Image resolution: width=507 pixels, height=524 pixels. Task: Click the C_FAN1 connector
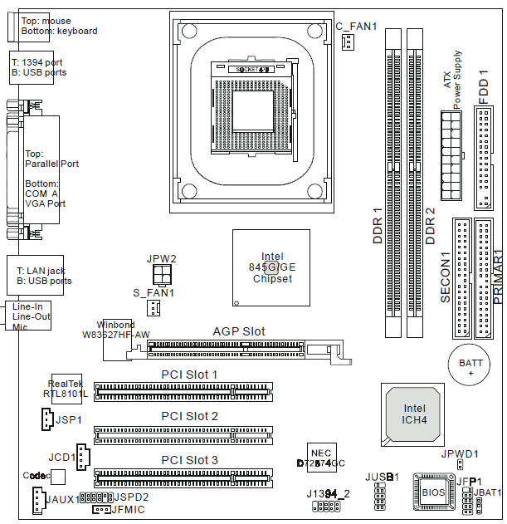tap(347, 43)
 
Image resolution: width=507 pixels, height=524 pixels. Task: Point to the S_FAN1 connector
tap(154, 308)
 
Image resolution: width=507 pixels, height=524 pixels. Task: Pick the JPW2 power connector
tap(161, 273)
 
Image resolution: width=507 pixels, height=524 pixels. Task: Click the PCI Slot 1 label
tap(189, 375)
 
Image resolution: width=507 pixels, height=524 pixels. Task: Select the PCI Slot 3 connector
tap(183, 477)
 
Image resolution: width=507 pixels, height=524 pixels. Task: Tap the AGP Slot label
tap(239, 331)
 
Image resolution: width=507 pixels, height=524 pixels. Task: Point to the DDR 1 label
tap(378, 224)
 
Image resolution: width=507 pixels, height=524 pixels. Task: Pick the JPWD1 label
tap(459, 454)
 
